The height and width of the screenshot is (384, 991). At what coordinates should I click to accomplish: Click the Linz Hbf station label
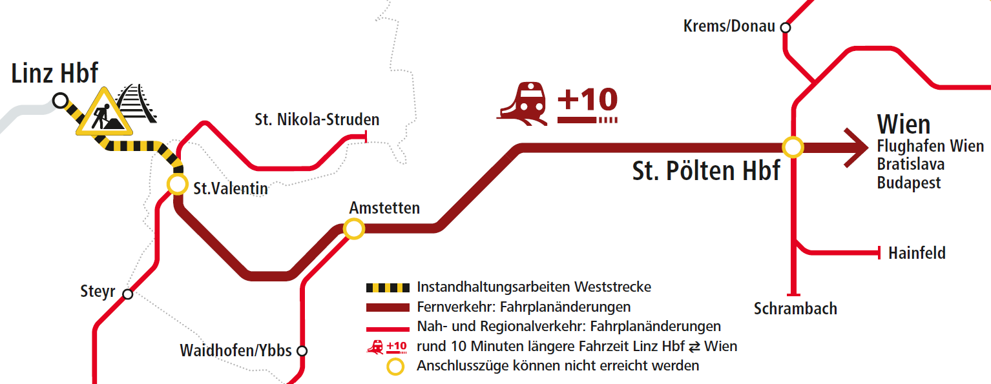pyautogui.click(x=55, y=74)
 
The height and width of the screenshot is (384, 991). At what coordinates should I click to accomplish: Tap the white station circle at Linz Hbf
pyautogui.click(x=60, y=100)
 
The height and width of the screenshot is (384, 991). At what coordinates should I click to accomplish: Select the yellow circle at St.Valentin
pyautogui.click(x=177, y=184)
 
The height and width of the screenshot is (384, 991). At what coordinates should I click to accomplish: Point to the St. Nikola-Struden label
pyautogui.click(x=317, y=119)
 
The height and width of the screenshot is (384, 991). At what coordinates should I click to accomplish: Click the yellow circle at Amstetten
pyautogui.click(x=353, y=228)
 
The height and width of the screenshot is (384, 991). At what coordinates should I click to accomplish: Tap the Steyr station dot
pyautogui.click(x=128, y=294)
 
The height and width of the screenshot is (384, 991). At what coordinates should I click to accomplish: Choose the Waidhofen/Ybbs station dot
pyautogui.click(x=301, y=351)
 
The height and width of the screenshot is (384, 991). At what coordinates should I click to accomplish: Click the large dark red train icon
pyautogui.click(x=523, y=103)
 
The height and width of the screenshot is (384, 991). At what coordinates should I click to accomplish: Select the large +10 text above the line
pyautogui.click(x=587, y=100)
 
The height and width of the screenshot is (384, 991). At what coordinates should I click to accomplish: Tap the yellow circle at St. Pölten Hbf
pyautogui.click(x=793, y=147)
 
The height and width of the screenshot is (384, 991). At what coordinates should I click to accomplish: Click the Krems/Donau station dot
pyautogui.click(x=785, y=27)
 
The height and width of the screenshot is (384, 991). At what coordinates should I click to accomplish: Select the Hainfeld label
pyautogui.click(x=917, y=253)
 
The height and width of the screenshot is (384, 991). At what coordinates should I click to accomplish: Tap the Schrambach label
pyautogui.click(x=795, y=308)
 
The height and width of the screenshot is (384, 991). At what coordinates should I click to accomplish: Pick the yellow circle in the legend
pyautogui.click(x=395, y=367)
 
